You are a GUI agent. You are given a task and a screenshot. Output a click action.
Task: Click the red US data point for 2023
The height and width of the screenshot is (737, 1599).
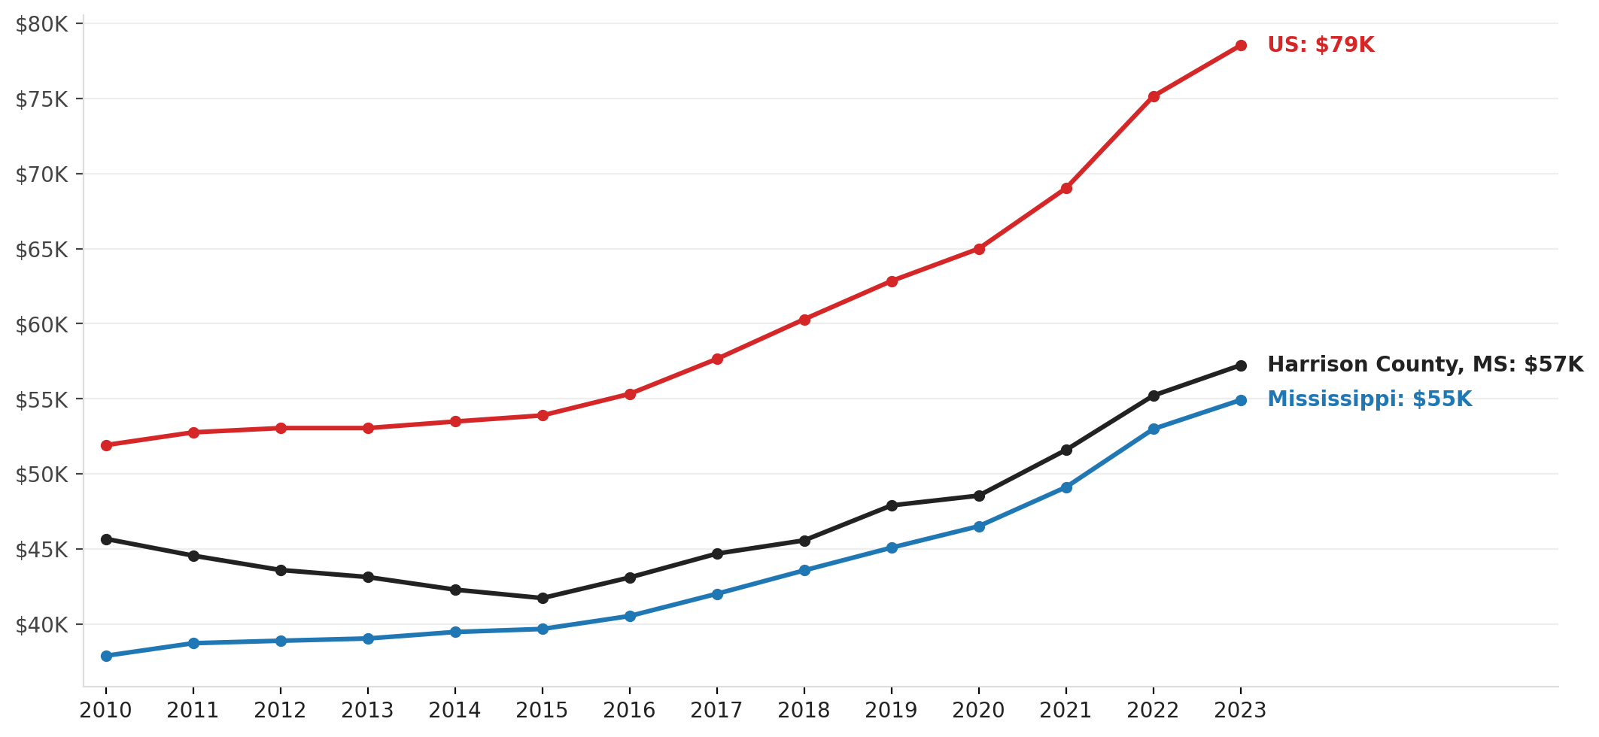tap(1241, 46)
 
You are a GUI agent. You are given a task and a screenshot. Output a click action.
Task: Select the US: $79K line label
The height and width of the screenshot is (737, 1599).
tap(1321, 45)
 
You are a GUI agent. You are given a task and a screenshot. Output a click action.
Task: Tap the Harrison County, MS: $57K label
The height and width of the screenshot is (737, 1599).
tap(1425, 365)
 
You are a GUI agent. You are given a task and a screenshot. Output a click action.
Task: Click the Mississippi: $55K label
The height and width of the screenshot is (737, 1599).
tap(1369, 399)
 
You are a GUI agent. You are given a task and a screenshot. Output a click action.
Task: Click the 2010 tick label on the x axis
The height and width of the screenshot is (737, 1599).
tap(106, 711)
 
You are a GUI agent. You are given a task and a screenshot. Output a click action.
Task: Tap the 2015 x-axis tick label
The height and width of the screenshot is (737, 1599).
tap(543, 711)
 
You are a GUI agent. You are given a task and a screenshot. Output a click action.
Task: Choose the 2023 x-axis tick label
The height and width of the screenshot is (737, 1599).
tap(1241, 711)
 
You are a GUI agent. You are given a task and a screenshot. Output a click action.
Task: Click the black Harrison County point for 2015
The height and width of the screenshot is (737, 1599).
tap(543, 599)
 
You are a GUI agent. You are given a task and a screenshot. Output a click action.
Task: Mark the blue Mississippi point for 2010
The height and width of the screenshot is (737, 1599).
tap(106, 657)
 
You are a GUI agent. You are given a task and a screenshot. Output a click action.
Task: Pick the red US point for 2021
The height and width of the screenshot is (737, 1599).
tap(1066, 189)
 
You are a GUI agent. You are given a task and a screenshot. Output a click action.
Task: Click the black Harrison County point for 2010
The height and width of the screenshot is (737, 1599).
tap(106, 539)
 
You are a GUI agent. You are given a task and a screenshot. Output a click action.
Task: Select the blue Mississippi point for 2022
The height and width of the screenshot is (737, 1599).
tap(1154, 429)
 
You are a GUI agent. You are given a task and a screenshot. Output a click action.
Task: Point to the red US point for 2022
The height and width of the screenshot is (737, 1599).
tap(1154, 97)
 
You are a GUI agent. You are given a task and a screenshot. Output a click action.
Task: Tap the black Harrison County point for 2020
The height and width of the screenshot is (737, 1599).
tap(979, 496)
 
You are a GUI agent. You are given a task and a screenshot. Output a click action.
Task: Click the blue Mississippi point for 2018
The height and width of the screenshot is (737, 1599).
tap(804, 571)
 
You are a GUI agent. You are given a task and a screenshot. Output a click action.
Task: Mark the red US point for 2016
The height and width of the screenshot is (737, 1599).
tap(630, 394)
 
